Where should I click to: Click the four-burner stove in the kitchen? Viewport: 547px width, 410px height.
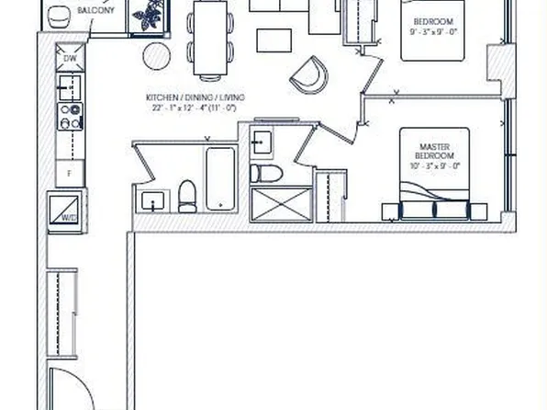pyautogui.click(x=69, y=117)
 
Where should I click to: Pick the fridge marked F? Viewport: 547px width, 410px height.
pyautogui.click(x=68, y=173)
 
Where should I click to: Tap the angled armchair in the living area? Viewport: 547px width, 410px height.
pyautogui.click(x=311, y=74)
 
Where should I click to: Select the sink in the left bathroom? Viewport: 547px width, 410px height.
pyautogui.click(x=151, y=202)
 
